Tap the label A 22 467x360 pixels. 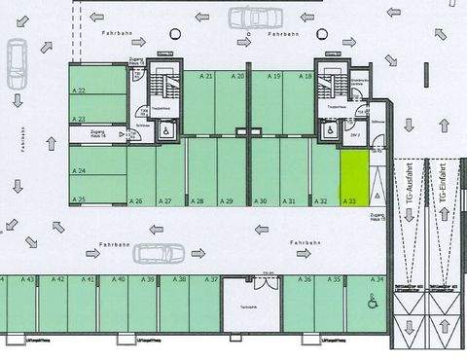pyautogui.click(x=79, y=90)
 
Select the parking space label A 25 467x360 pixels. pyautogui.click(x=79, y=200)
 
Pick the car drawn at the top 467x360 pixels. pyautogui.click(x=255, y=17)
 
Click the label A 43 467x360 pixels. pyautogui.click(x=28, y=279)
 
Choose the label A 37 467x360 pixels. pyautogui.click(x=210, y=279)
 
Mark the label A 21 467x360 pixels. pyautogui.click(x=206, y=76)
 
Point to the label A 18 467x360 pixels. pyautogui.click(x=305, y=76)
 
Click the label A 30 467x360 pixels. pyautogui.click(x=260, y=201)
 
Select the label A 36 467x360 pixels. pyautogui.click(x=305, y=279)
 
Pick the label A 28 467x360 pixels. pyautogui.click(x=197, y=201)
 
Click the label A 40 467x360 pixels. pyautogui.click(x=119, y=279)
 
